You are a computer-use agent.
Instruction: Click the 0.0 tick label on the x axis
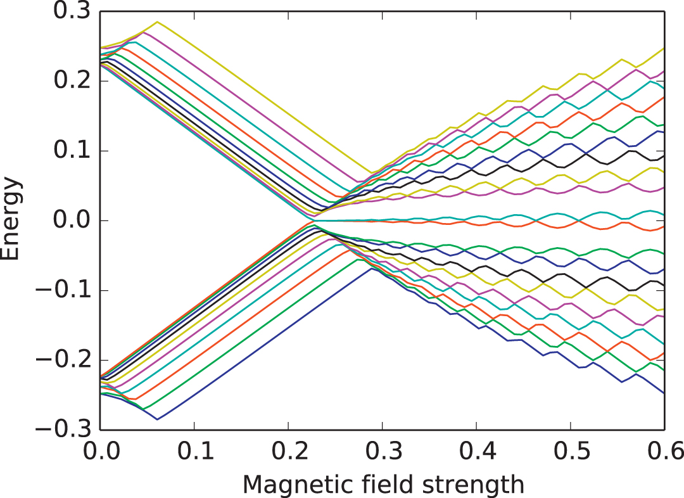[101, 452]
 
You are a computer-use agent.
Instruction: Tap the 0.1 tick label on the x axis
[195, 452]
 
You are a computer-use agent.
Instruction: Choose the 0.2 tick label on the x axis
[289, 452]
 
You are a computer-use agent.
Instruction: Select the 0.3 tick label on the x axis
[383, 452]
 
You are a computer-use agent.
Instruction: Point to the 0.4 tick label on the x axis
[476, 452]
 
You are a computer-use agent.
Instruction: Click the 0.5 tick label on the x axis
[570, 452]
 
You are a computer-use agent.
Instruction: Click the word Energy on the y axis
[13, 220]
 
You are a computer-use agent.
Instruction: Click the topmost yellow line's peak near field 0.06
[157, 22]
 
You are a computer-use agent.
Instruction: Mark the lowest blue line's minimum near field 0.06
[157, 419]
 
